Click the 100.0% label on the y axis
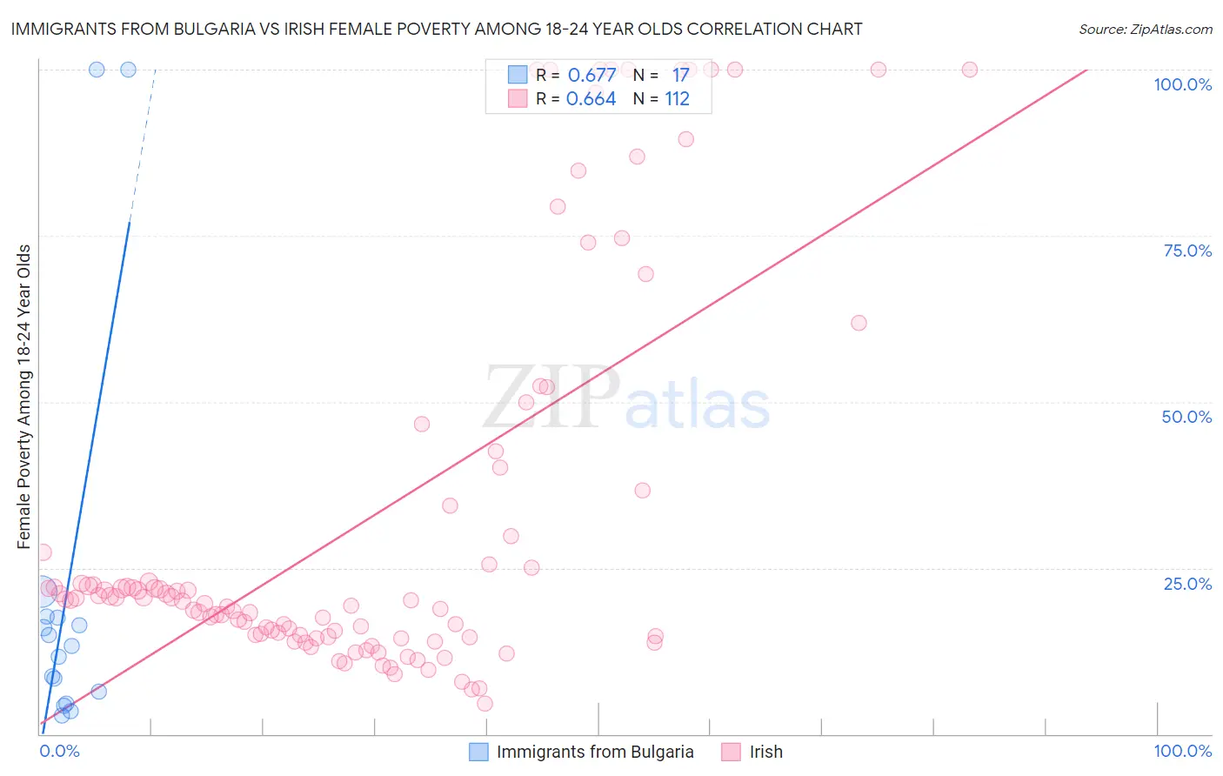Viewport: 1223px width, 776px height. click(1182, 84)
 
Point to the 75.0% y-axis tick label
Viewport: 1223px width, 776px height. click(1187, 251)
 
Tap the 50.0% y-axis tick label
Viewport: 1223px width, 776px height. click(1186, 417)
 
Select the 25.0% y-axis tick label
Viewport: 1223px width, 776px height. click(1187, 584)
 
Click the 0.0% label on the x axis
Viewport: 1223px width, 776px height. click(59, 752)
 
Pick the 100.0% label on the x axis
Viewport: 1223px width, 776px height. click(1182, 752)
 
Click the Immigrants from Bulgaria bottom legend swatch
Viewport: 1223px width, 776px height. click(478, 752)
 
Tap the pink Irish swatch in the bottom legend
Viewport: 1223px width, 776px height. click(731, 752)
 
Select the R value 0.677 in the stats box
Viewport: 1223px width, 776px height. click(591, 76)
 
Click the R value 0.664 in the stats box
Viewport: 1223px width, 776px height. click(591, 99)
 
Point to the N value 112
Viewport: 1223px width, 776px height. click(677, 99)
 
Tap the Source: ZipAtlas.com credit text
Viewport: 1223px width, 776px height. click(1145, 29)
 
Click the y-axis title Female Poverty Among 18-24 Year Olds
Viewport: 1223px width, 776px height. click(24, 397)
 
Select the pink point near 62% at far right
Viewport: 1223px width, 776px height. click(859, 323)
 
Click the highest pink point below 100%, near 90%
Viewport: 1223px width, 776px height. click(685, 139)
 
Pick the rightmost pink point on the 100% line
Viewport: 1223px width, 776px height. click(969, 70)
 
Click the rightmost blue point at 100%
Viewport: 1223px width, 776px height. click(128, 70)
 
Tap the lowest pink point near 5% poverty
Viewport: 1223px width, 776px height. click(485, 704)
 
